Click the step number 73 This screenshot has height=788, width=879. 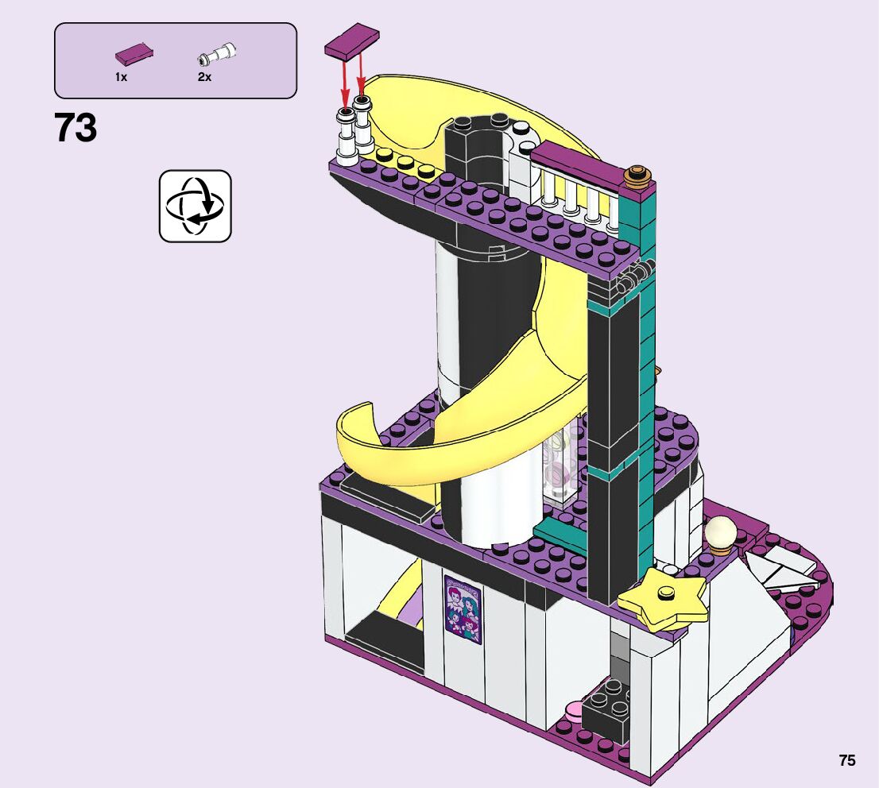click(x=76, y=128)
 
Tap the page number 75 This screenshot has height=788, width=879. click(x=847, y=760)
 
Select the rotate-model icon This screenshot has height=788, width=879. click(x=195, y=207)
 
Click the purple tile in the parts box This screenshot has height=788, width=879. click(x=134, y=54)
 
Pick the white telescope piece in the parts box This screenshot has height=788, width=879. click(x=216, y=54)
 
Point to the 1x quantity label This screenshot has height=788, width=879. click(x=121, y=77)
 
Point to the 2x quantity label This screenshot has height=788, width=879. click(x=204, y=77)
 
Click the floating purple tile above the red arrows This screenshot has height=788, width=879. click(x=351, y=41)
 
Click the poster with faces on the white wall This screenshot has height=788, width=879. click(x=463, y=609)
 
